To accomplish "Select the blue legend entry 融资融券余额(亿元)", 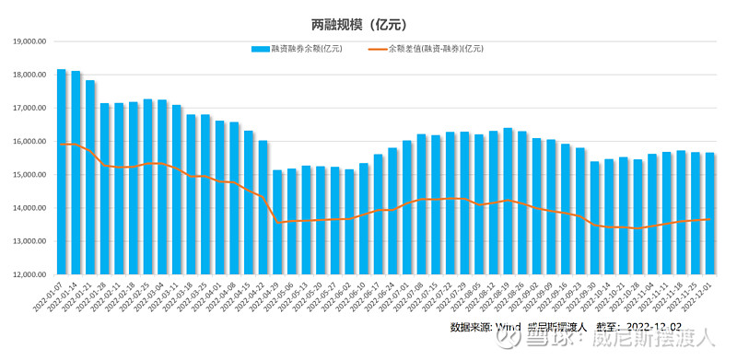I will (x=299, y=48).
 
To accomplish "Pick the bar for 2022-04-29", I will (x=277, y=222).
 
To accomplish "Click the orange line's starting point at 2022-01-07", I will (x=62, y=145).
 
